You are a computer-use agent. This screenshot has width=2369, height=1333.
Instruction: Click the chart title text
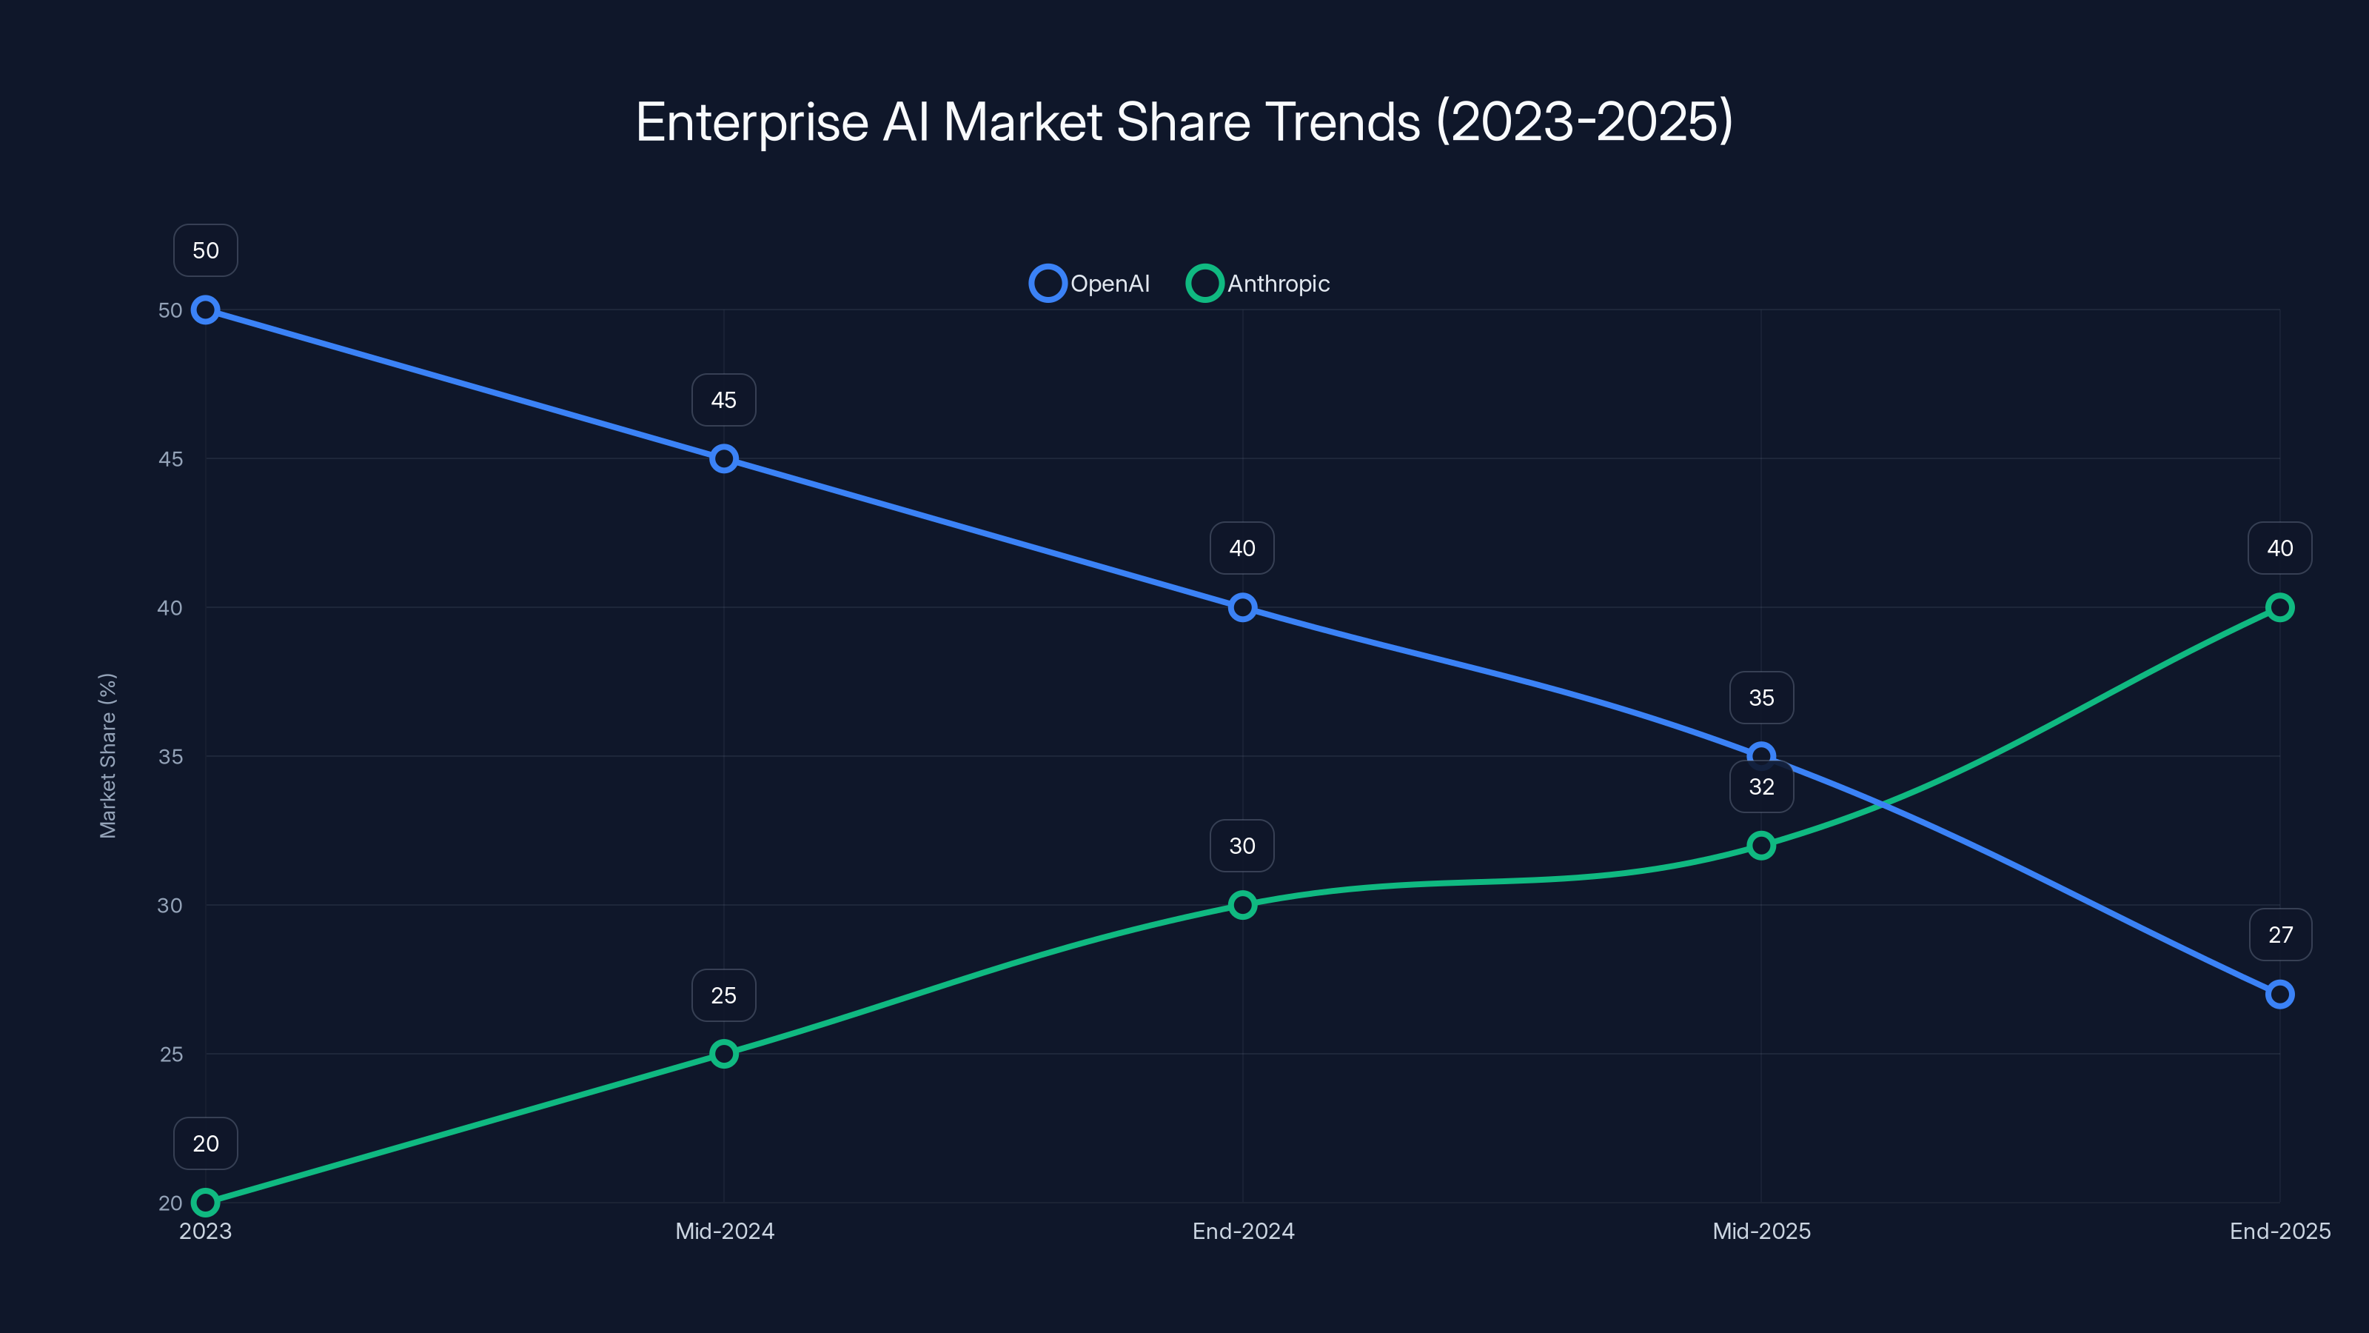point(1184,122)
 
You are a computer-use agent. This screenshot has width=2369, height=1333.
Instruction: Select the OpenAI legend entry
point(1090,284)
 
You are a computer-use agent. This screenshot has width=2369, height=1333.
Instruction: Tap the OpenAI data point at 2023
point(205,310)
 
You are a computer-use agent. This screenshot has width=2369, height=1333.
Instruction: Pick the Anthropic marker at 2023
point(205,1203)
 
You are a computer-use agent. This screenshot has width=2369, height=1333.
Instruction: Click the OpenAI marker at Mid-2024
point(724,458)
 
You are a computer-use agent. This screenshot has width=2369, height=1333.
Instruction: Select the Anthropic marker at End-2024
point(1242,905)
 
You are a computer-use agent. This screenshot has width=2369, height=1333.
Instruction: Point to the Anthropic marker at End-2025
point(2280,607)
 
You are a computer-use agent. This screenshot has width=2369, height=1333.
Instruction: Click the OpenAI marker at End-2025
point(2280,995)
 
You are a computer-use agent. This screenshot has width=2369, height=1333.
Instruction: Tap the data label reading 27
point(2280,935)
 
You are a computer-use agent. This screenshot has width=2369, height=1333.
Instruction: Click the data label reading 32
point(1761,786)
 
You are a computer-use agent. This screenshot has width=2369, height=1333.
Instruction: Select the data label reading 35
point(1761,698)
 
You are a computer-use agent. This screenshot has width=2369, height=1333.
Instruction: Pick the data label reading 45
point(724,400)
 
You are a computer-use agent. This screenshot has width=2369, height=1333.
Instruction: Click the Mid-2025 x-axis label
point(1761,1231)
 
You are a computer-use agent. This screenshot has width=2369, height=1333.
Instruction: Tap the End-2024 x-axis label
point(1242,1231)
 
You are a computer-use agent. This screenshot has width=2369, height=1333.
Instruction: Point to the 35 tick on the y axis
point(170,756)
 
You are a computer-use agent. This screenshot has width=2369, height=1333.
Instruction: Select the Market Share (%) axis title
point(107,755)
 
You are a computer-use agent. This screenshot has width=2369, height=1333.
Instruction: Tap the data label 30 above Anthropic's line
point(1242,846)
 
